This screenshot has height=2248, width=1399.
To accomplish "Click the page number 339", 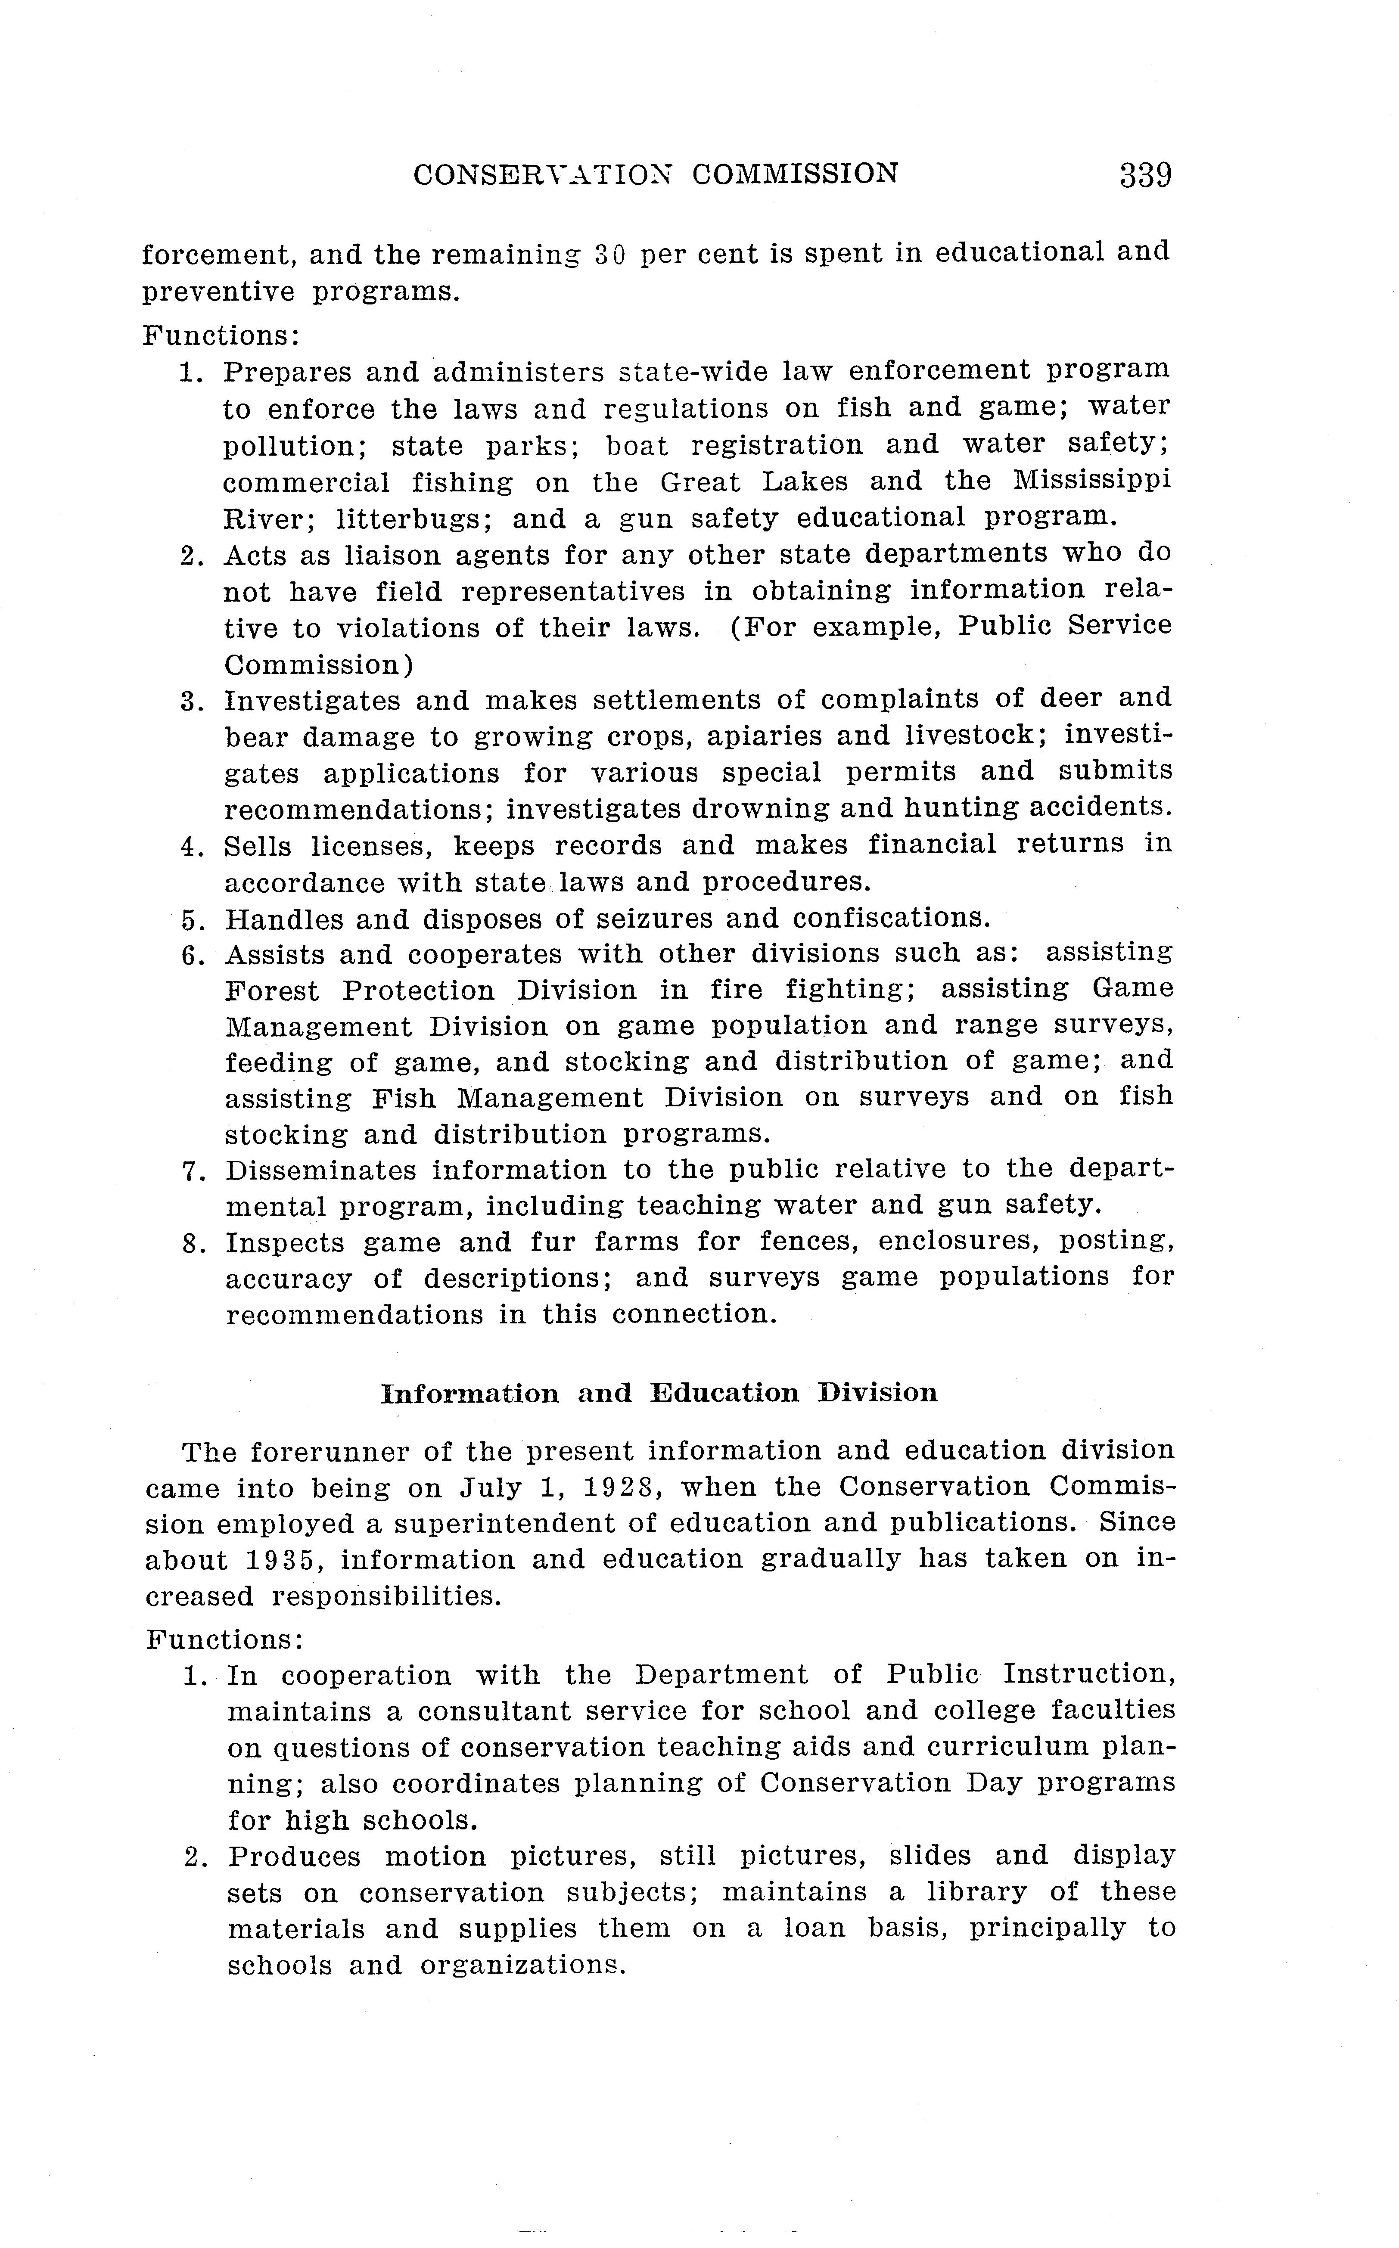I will click(x=1145, y=175).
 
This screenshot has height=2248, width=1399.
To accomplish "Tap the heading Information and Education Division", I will click(x=659, y=1393).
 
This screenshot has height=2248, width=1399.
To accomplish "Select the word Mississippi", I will click(x=1092, y=481).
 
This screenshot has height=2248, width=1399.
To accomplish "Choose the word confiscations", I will click(x=892, y=919).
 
